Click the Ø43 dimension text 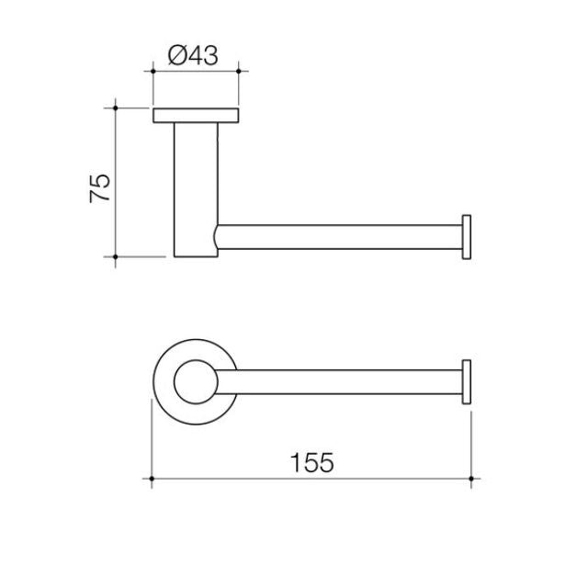(x=194, y=56)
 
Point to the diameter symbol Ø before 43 (x=178, y=56)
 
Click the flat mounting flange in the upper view (x=196, y=115)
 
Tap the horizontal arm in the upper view (x=340, y=237)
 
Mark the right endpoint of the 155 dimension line (x=472, y=479)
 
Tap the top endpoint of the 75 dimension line (x=116, y=107)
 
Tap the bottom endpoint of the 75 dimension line (x=116, y=256)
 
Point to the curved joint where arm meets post (x=217, y=237)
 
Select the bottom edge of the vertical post (x=195, y=256)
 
